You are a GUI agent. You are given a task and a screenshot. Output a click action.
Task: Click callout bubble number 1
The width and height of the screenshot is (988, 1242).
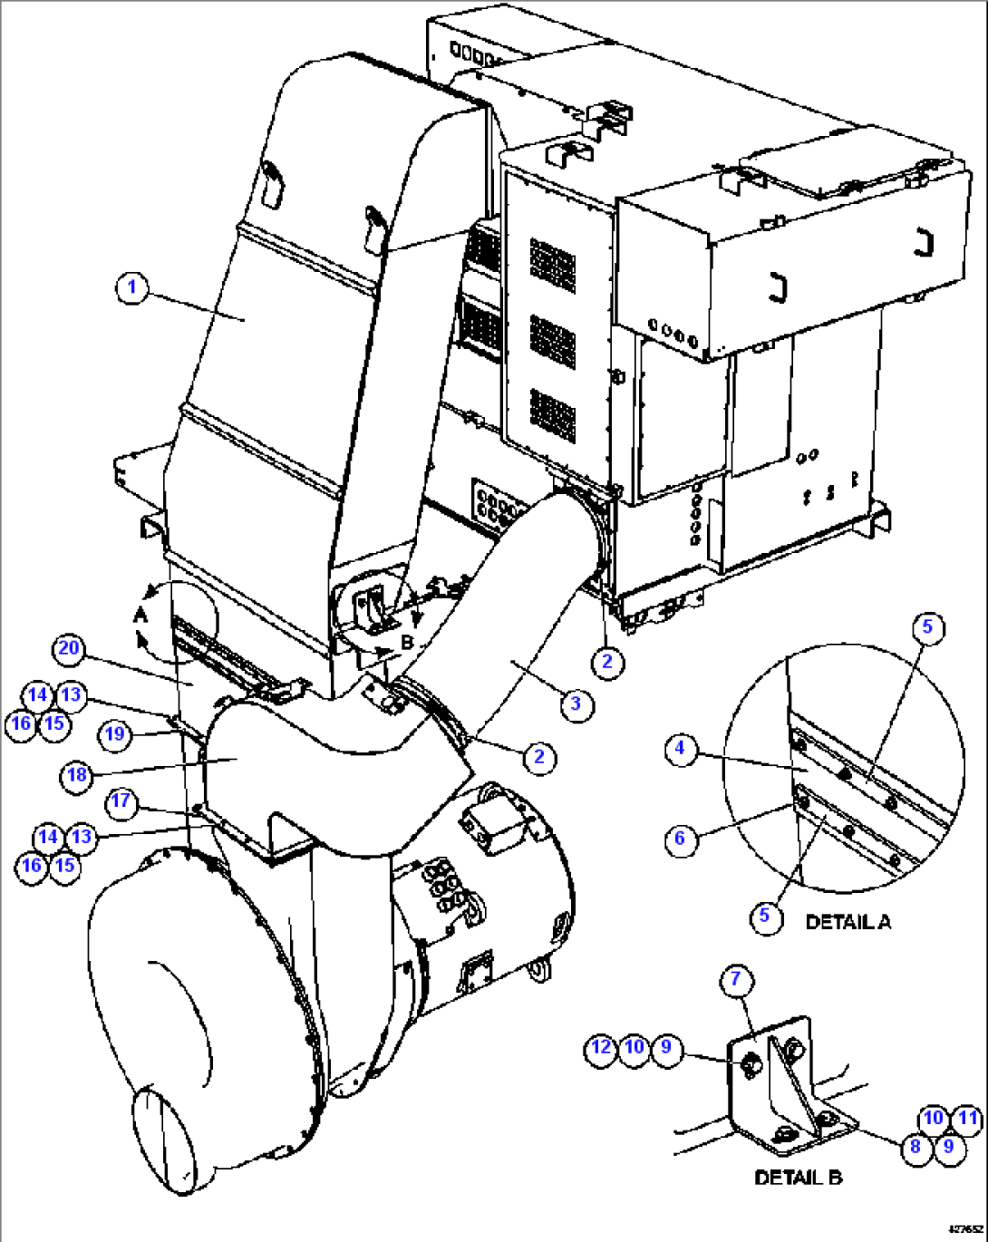[x=132, y=288]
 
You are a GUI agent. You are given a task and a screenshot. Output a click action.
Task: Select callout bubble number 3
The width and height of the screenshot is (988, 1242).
[x=576, y=703]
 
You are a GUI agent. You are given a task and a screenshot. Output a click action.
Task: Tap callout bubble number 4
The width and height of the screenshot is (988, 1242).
[x=681, y=751]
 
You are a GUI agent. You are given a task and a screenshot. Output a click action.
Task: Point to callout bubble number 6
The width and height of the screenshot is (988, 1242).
[x=681, y=839]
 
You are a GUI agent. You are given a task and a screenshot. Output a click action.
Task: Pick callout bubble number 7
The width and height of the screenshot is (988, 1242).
[x=736, y=979]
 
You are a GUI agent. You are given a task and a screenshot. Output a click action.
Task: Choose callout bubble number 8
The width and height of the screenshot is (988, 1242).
[x=915, y=1147]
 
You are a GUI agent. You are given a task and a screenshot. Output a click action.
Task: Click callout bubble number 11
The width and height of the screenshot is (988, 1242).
[x=968, y=1120]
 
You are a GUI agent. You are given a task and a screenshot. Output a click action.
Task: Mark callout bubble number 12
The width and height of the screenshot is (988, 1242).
[x=601, y=1048]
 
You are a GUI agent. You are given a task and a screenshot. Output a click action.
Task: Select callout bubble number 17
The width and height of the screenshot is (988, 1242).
[x=121, y=802]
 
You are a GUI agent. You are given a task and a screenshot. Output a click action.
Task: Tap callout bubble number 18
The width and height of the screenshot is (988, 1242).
[x=77, y=775]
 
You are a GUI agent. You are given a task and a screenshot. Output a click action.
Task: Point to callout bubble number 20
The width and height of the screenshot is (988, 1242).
[x=70, y=649]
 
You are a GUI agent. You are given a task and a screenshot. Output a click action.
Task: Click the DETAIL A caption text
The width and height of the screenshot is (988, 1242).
[x=848, y=922]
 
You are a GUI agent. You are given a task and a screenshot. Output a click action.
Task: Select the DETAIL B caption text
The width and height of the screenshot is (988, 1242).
[x=798, y=1178]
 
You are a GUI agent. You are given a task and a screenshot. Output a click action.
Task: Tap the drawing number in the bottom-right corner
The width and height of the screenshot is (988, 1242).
[x=964, y=1229]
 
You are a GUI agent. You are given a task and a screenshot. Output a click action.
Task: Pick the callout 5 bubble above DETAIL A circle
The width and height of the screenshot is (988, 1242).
[x=927, y=627]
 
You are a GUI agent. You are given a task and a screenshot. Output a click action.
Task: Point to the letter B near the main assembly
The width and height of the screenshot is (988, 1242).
[x=408, y=641]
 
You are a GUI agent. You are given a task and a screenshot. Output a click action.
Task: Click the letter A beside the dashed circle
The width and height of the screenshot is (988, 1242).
[x=140, y=616]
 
